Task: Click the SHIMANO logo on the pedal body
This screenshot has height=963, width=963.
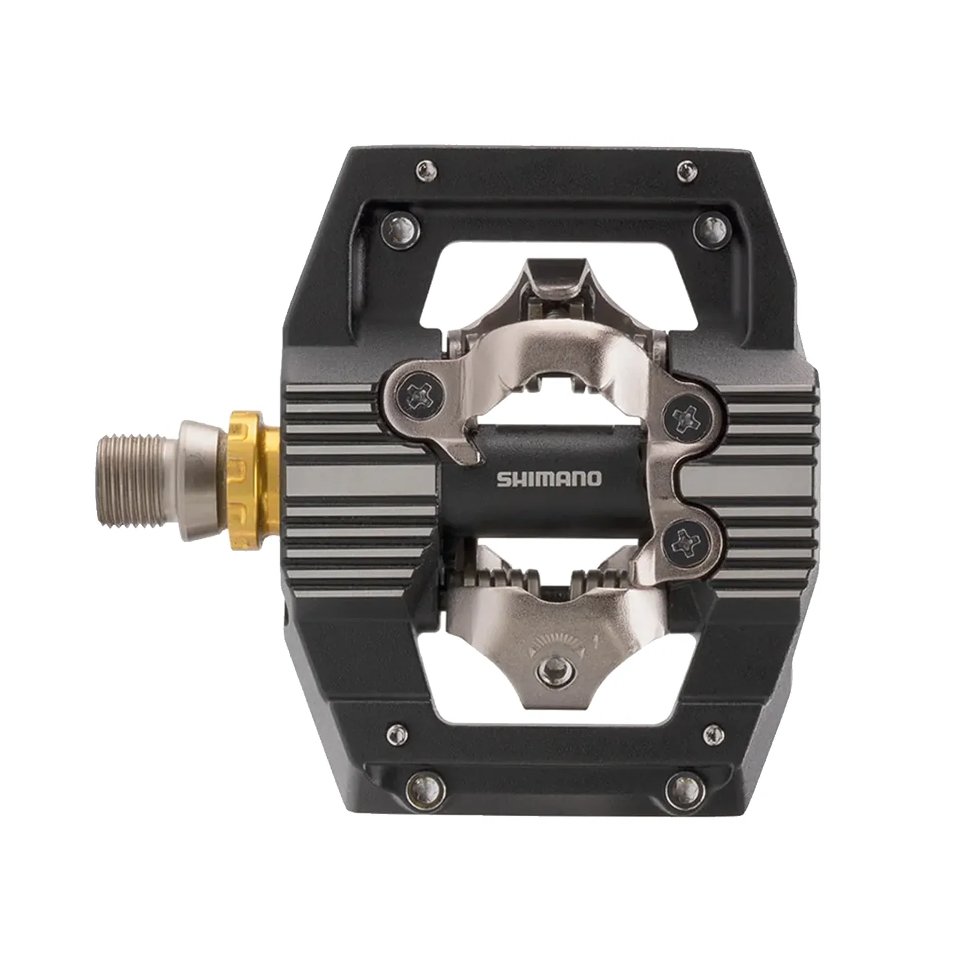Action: (x=548, y=479)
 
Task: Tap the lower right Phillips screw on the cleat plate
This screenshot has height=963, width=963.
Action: (x=687, y=540)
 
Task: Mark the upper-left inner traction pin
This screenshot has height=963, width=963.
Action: (x=401, y=229)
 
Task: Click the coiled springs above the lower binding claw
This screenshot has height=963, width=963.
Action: (x=548, y=578)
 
